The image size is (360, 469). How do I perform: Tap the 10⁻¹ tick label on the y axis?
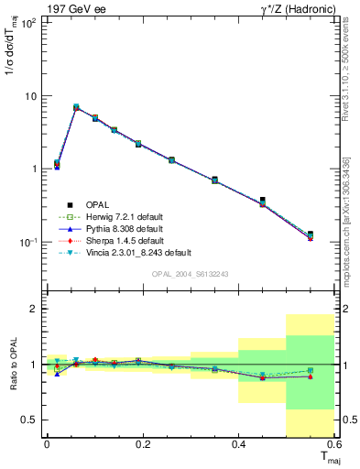tap(27, 242)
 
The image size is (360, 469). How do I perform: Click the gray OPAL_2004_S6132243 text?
tap(190, 274)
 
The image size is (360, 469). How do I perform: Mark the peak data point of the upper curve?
tap(76, 107)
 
